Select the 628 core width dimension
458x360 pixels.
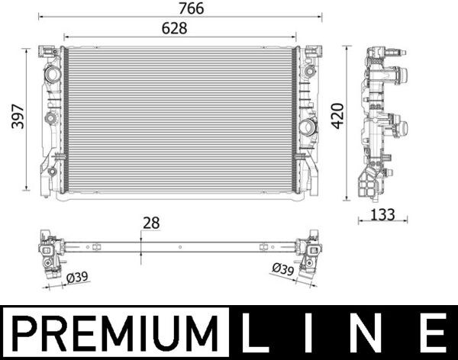coord(173,27)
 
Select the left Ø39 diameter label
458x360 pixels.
coord(77,278)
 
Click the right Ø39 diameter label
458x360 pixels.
coord(282,268)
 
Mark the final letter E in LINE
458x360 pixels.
coord(433,334)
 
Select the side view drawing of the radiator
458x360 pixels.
coord(379,122)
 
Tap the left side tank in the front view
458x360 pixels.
coord(51,119)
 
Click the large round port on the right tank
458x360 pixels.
coord(308,127)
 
